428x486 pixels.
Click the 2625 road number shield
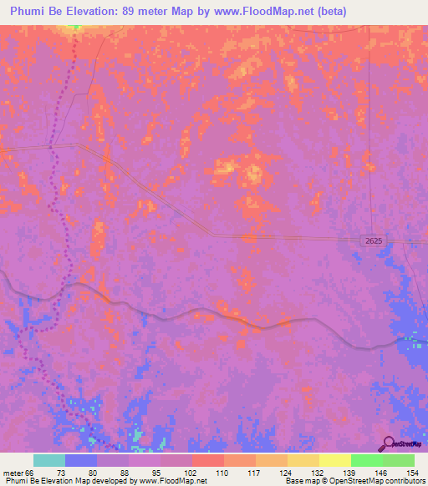374,240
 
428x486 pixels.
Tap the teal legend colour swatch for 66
49,460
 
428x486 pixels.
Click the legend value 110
223,472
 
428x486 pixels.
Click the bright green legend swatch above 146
366,460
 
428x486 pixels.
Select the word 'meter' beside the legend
14,472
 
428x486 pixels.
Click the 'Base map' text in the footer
301,481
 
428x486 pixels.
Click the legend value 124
287,472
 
